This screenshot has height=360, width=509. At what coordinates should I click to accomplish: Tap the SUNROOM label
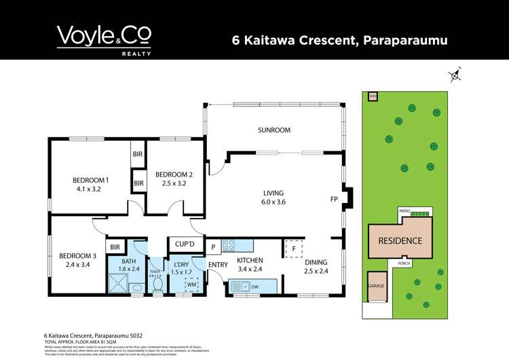pos(274,130)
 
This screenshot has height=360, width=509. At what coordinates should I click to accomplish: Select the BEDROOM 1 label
pos(91,180)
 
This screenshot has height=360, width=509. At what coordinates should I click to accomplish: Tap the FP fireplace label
pos(334,200)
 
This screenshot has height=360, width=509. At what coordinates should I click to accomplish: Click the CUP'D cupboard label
pos(185,244)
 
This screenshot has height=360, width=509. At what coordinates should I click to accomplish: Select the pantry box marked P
pos(212,247)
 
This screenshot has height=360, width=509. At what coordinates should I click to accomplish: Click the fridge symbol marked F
pos(293,249)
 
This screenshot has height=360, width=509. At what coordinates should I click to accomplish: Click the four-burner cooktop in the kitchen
pos(229,246)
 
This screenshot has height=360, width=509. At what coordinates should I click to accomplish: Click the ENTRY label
pos(218,265)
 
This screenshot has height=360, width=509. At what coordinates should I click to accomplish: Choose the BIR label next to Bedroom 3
pos(115,247)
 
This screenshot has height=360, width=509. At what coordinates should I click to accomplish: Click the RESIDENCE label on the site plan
pos(400,240)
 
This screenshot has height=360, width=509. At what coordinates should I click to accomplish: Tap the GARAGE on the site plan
pos(376,286)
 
